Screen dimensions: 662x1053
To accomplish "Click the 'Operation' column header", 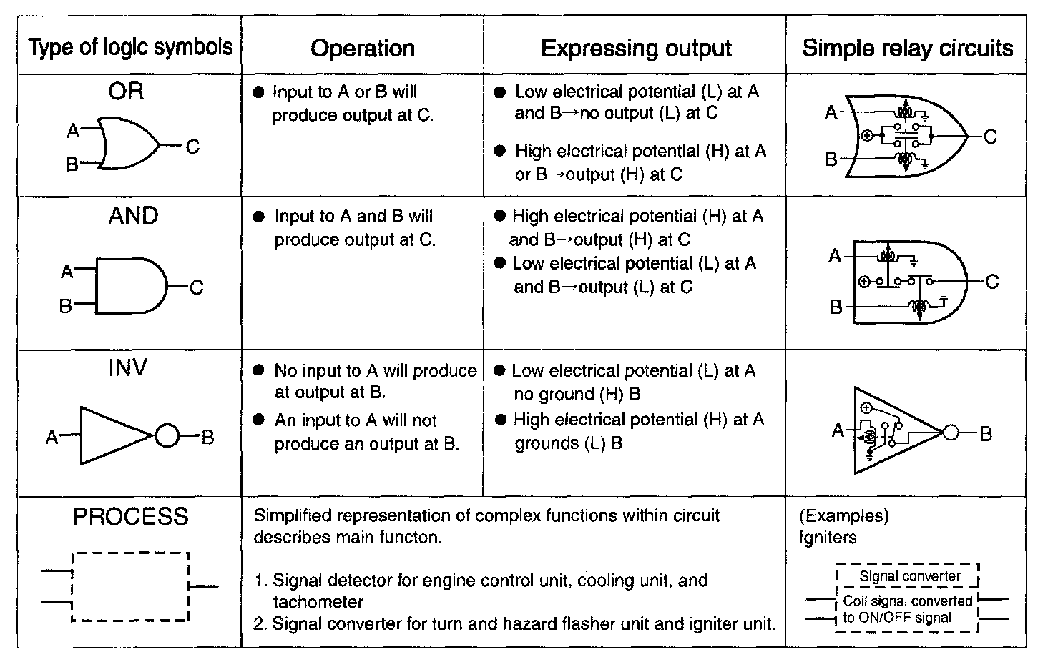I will click(363, 48).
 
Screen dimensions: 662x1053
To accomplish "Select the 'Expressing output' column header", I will click(636, 48).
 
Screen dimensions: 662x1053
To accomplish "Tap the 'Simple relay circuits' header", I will click(907, 48).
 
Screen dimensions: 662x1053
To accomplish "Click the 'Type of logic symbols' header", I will click(130, 47).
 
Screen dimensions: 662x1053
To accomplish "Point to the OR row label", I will click(126, 91).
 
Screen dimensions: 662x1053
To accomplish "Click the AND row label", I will click(133, 216).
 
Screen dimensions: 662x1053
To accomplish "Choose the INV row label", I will click(127, 368).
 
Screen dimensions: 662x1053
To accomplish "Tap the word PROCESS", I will click(130, 516).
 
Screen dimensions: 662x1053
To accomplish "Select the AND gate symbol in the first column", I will click(129, 286).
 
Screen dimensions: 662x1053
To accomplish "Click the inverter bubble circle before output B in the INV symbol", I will click(167, 436).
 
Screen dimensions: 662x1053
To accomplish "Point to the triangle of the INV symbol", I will click(111, 436).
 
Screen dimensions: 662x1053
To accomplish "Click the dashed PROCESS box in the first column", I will click(130, 586).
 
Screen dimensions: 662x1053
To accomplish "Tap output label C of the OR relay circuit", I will click(990, 137).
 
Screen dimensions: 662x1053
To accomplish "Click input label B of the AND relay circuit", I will click(836, 307).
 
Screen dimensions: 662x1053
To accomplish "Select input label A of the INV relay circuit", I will click(838, 430).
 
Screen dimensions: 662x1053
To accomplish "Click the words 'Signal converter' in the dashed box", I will click(910, 576).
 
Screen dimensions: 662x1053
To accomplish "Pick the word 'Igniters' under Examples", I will click(828, 538).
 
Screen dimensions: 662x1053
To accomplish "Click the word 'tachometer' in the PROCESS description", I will click(318, 602).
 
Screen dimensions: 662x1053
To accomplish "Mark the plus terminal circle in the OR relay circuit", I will click(867, 136).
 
